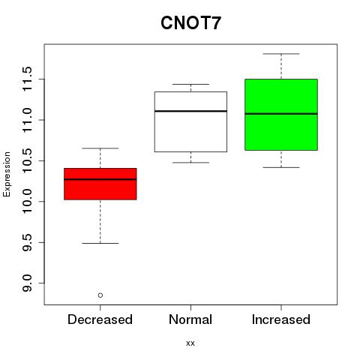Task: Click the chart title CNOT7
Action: click(190, 23)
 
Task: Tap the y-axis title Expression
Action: click(7, 174)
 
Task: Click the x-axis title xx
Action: click(190, 343)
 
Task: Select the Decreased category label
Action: click(100, 319)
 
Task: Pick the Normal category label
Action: click(190, 319)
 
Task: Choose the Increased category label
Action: click(281, 319)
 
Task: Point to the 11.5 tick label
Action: click(27, 79)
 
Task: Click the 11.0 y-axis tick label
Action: click(27, 120)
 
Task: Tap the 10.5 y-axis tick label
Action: click(27, 160)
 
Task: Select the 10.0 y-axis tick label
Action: click(27, 202)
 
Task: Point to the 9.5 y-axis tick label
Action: click(27, 242)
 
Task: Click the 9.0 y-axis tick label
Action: click(27, 283)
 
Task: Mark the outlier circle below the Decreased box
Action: click(100, 295)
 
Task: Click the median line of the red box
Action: click(100, 179)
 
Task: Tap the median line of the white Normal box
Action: click(190, 111)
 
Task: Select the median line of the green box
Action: click(281, 114)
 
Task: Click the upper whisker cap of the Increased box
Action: click(281, 54)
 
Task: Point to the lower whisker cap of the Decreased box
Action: click(100, 243)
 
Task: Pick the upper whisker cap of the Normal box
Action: click(190, 84)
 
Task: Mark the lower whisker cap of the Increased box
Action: click(281, 167)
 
